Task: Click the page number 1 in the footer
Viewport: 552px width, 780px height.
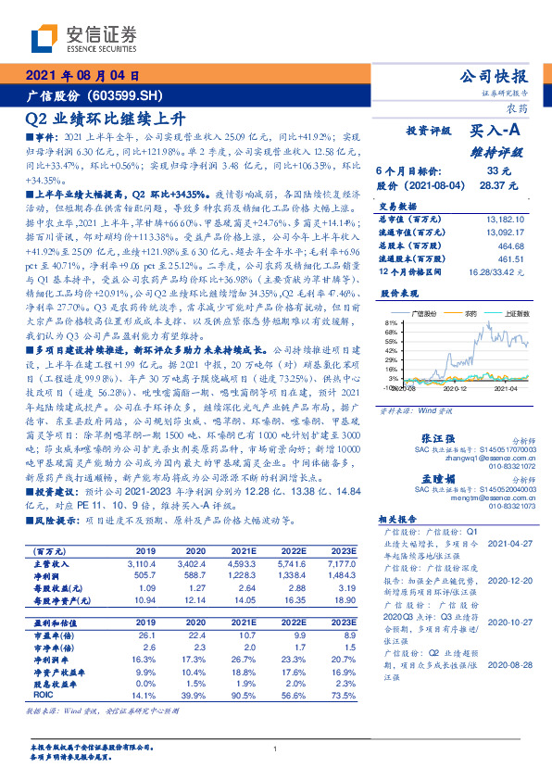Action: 275,749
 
